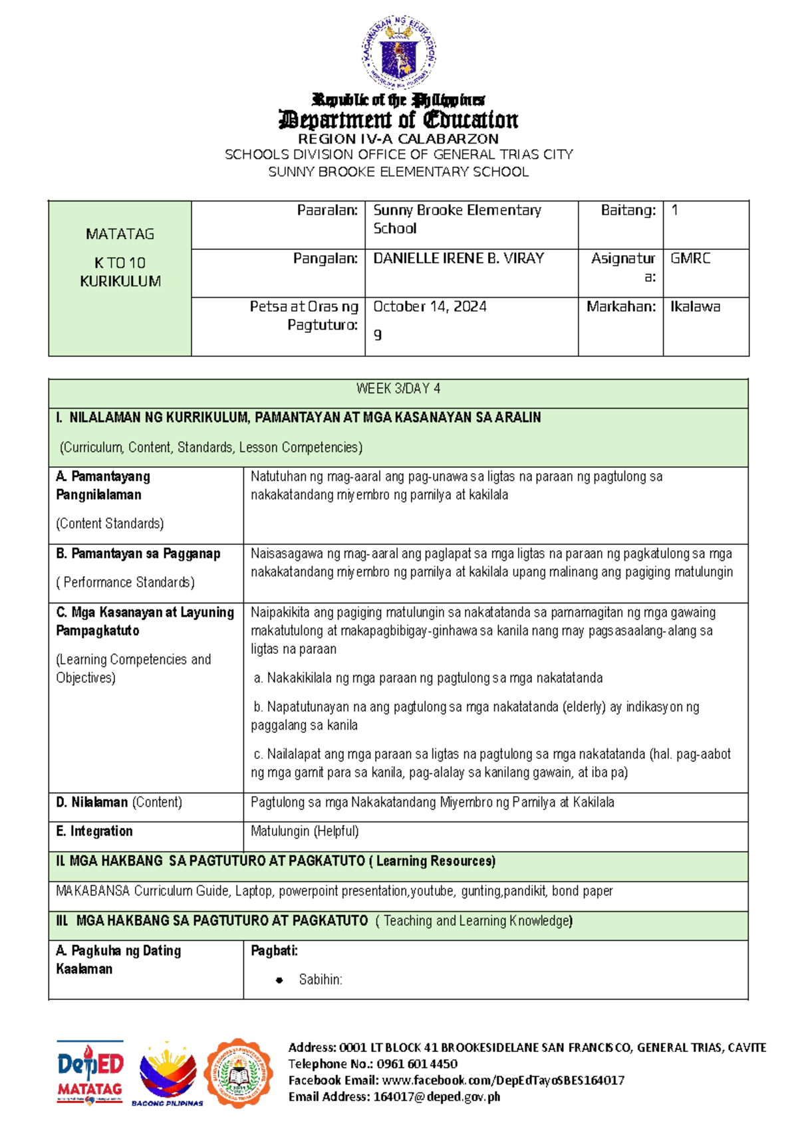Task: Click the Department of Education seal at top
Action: (399, 53)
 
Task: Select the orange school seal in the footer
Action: (239, 1073)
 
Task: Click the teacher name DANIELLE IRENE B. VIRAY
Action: (458, 258)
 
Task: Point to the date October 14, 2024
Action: (430, 307)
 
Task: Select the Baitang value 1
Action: (674, 211)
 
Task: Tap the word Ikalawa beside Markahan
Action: (695, 307)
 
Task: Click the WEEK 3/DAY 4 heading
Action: (398, 389)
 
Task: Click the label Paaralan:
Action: (327, 211)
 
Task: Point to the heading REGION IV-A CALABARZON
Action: (398, 139)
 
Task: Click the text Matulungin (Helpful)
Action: (305, 831)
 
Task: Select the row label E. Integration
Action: (94, 831)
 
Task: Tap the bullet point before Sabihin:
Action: (279, 980)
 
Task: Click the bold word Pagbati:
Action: (274, 951)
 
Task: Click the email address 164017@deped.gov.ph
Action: (436, 1096)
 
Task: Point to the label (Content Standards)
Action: (110, 524)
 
